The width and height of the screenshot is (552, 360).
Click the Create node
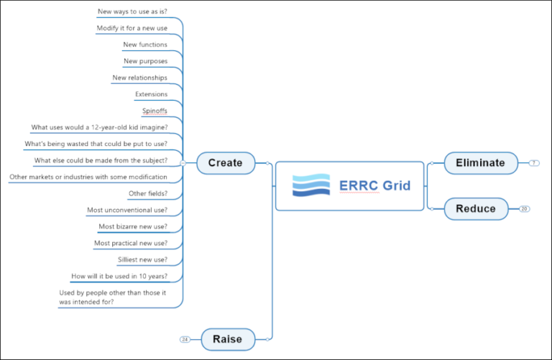[225, 163]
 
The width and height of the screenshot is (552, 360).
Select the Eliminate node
[480, 163]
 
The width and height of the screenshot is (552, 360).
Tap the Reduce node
[475, 208]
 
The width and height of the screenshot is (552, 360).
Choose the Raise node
[227, 338]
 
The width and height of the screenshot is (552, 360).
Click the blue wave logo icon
[310, 185]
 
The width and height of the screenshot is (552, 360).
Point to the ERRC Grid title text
[374, 186]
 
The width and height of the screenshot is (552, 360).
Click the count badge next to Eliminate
[533, 163]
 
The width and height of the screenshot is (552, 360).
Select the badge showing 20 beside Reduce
[524, 209]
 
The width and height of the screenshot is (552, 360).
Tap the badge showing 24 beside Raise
[185, 338]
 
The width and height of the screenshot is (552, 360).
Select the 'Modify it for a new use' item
[132, 28]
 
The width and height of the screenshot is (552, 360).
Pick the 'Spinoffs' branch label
[155, 111]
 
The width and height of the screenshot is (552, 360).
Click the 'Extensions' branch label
[151, 94]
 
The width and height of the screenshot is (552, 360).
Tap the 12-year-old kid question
[99, 127]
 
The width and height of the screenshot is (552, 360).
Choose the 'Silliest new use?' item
[142, 259]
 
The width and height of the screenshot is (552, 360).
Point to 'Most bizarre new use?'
[133, 226]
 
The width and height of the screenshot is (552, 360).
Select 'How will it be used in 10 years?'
[119, 276]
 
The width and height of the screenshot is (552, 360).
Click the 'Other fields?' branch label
[148, 193]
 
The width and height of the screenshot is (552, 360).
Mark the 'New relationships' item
[139, 78]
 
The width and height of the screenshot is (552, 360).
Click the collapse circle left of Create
[183, 163]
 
